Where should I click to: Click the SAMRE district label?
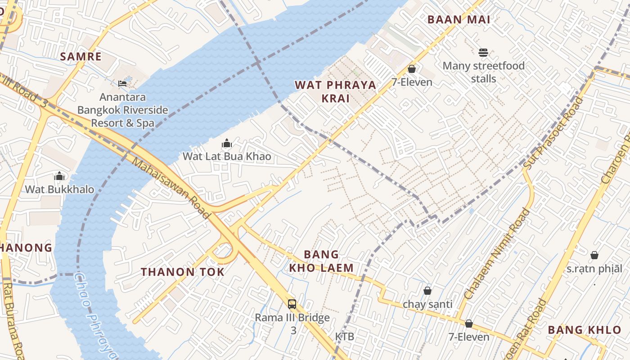[81, 57]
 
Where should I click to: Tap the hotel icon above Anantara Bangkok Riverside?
[122, 83]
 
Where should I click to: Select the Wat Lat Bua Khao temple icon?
[227, 144]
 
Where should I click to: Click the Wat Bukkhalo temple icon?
[59, 176]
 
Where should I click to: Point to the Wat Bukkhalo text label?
[59, 189]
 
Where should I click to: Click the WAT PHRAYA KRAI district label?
[335, 91]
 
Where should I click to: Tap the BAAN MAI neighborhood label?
[459, 19]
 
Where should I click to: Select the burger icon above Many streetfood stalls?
[483, 53]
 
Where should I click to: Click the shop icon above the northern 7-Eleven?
[411, 69]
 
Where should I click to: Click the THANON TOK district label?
[182, 272]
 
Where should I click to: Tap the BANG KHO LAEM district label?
[321, 261]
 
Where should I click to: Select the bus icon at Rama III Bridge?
[292, 304]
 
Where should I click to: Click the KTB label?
[344, 337]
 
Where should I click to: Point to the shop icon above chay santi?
[427, 291]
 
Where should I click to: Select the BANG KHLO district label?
[584, 330]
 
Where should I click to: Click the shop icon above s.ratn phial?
[594, 255]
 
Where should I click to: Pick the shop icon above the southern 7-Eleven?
[468, 324]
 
